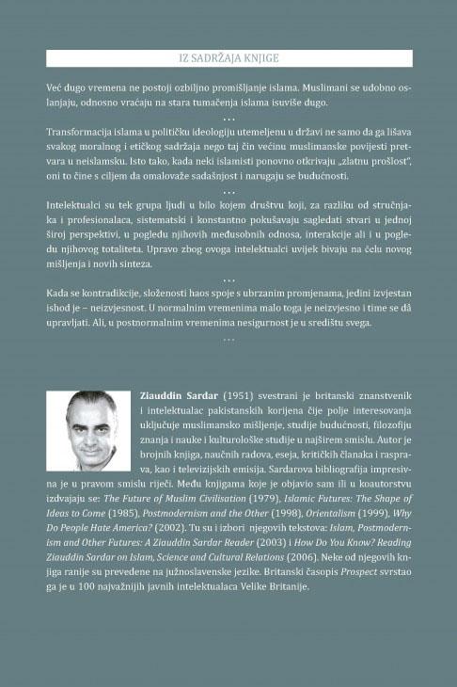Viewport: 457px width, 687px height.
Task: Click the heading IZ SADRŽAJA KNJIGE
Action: point(228,58)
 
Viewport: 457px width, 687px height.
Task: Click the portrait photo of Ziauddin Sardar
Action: point(88,430)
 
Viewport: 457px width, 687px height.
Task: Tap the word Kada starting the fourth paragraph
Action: point(59,294)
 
